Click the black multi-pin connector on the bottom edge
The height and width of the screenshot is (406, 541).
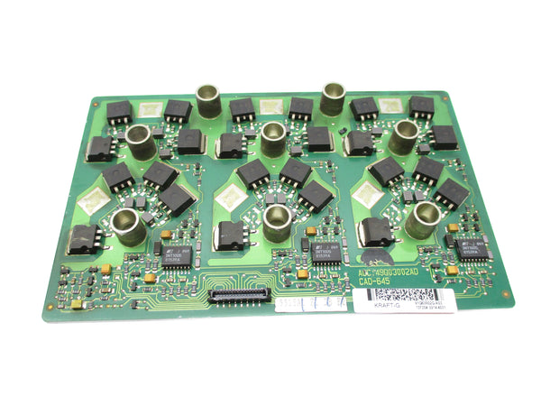pyautogui.click(x=240, y=294)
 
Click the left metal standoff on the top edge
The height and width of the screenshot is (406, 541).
pyautogui.click(x=209, y=100)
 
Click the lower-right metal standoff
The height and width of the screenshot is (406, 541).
pyautogui.click(x=421, y=219)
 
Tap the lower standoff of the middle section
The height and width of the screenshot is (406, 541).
pyautogui.click(x=276, y=220)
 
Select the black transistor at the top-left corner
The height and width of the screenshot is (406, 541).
pyautogui.click(x=119, y=113)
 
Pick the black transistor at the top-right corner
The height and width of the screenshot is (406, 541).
pyautogui.click(x=421, y=107)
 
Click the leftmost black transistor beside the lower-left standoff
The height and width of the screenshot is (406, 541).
pyautogui.click(x=84, y=238)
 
